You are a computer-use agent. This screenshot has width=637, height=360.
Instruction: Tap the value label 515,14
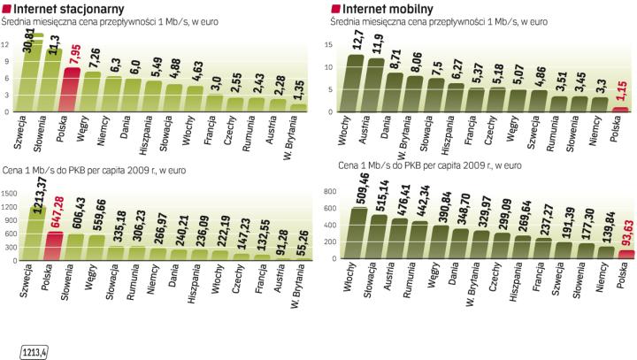point(383,185)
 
